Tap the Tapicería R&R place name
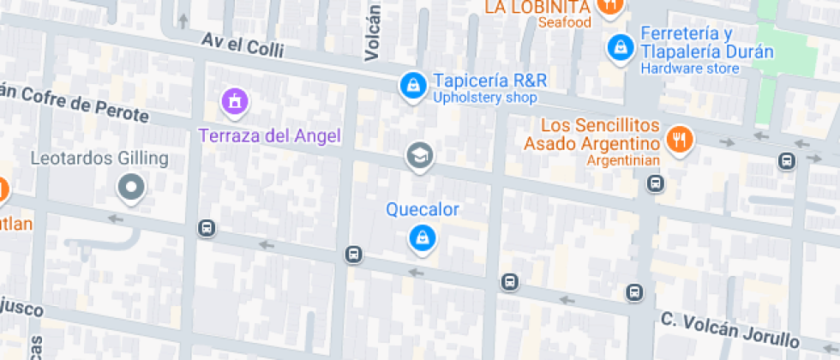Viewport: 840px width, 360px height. pyautogui.click(x=489, y=81)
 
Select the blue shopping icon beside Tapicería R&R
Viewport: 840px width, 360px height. pyautogui.click(x=413, y=85)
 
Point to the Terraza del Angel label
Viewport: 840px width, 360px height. pyautogui.click(x=270, y=135)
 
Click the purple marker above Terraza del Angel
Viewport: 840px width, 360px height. pyautogui.click(x=234, y=102)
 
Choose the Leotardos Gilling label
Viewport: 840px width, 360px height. pyautogui.click(x=99, y=159)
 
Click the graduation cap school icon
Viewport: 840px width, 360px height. pyautogui.click(x=419, y=155)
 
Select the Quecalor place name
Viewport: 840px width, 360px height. pyautogui.click(x=423, y=209)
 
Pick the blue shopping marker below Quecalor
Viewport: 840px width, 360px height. pyautogui.click(x=421, y=238)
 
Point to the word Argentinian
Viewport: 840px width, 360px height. pyautogui.click(x=623, y=160)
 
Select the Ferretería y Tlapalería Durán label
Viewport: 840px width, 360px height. pyautogui.click(x=706, y=43)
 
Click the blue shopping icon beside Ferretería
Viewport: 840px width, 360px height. pyautogui.click(x=618, y=46)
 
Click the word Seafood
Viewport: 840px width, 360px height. pyautogui.click(x=565, y=22)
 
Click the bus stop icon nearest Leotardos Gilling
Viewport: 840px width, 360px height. pyautogui.click(x=206, y=228)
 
